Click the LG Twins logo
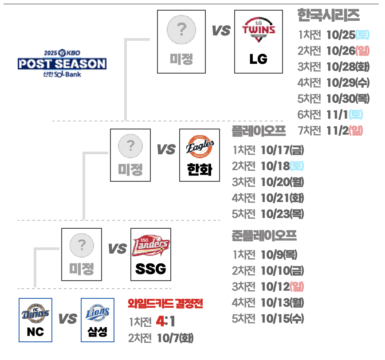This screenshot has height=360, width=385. pos(258,30)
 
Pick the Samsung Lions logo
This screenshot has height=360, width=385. pos(97,313)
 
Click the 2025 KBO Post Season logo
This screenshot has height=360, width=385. pos(62,63)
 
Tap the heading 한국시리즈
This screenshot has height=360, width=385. pos(328,16)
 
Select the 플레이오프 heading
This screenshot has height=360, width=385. pos(259,131)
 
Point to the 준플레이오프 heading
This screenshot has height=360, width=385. pos(264,236)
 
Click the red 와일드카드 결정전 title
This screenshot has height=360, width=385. pos(165,304)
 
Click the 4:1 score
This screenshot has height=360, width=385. pos(165,321)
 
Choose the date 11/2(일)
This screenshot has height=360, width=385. pos(345,130)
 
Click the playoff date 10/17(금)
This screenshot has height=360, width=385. pos(282,150)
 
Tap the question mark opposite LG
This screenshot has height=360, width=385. pos(181,30)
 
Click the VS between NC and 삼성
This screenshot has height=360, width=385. pos(67,319)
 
